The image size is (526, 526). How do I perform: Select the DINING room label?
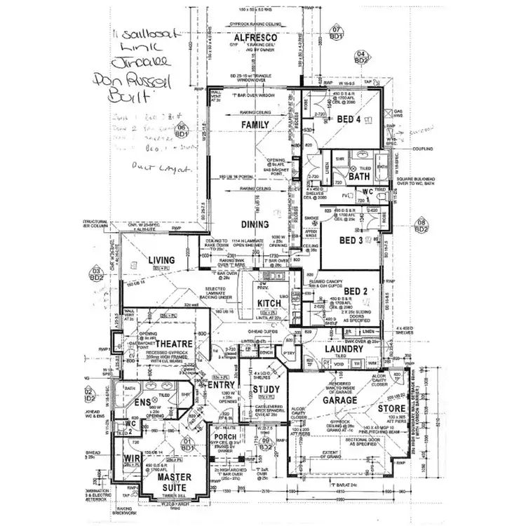tap(256, 224)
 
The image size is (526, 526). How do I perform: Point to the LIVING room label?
tap(161, 260)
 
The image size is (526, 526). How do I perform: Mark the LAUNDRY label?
tap(344, 349)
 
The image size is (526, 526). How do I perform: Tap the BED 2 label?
tap(356, 290)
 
